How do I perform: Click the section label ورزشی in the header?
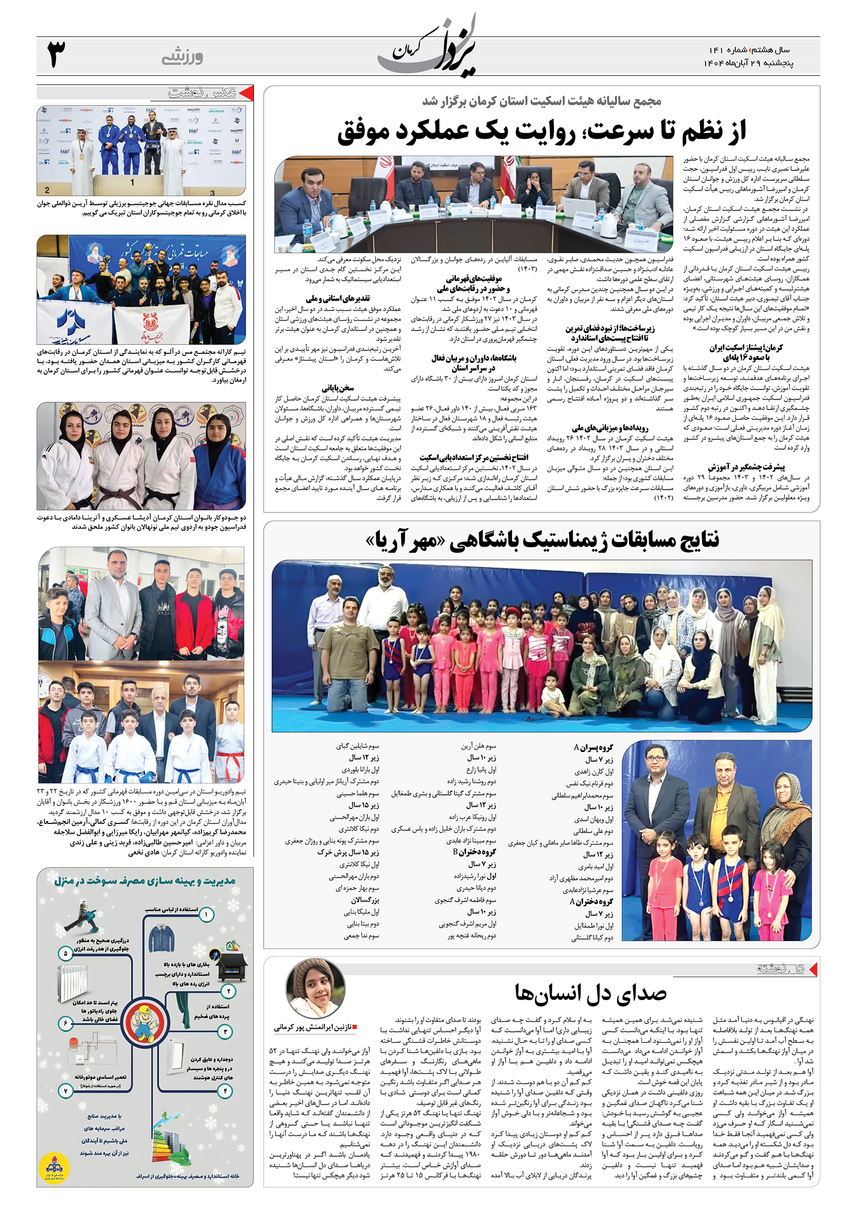coord(182,56)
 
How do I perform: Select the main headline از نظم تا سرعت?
coord(541,131)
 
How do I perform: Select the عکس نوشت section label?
coord(203,93)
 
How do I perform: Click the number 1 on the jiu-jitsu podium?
coord(132,182)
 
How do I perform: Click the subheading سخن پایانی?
coord(337,388)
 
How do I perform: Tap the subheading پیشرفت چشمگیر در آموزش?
coord(746,467)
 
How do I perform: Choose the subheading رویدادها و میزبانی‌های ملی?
coord(610,428)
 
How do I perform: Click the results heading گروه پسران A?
coord(593,747)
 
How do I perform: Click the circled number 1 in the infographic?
coord(206,915)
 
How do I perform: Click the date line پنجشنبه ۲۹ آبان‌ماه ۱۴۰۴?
coord(748,63)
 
